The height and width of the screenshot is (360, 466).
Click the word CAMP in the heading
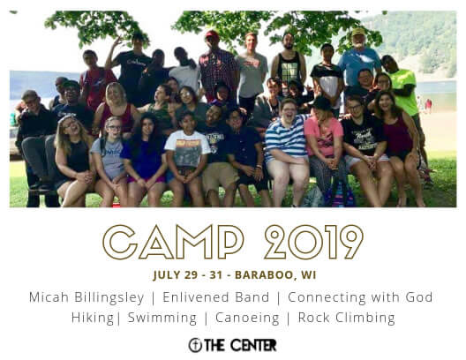173,242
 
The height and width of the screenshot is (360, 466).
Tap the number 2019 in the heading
313,242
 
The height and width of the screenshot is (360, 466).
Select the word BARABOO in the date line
264,274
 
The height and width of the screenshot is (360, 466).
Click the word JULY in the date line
167,274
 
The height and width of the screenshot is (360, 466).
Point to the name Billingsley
109,297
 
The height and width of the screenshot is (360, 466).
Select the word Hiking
93,318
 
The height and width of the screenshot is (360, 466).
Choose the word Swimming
162,318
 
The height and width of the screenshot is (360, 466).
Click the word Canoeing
247,318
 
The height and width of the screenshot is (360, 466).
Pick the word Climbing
365,318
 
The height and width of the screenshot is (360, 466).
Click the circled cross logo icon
195,345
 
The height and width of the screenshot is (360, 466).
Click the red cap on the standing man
212,34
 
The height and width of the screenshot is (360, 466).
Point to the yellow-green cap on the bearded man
358,32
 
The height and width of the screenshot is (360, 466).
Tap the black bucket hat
321,104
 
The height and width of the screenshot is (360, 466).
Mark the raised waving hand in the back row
117,41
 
